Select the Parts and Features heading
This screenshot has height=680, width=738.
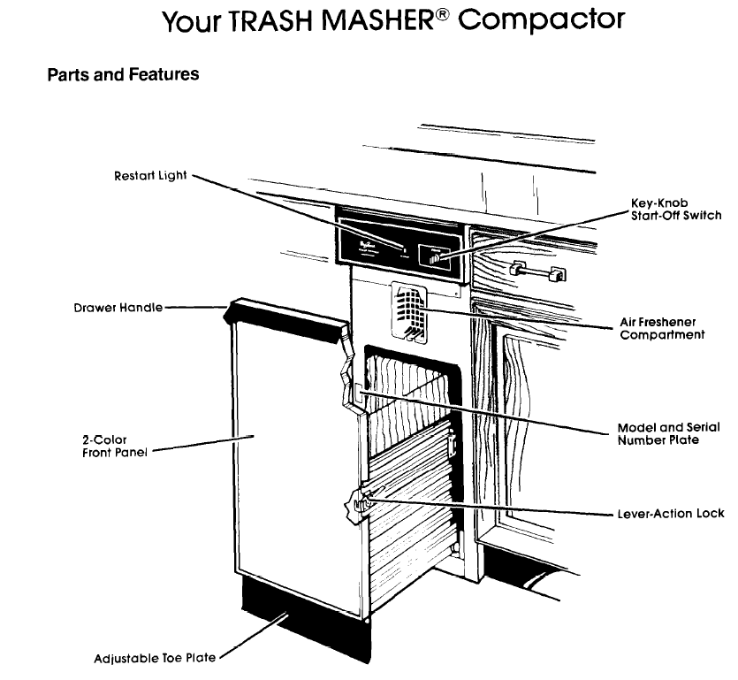(x=123, y=75)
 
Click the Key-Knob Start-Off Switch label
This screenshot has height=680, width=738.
(x=675, y=210)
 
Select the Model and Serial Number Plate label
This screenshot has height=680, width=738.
(x=667, y=433)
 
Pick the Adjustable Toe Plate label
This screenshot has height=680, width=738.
(x=154, y=658)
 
